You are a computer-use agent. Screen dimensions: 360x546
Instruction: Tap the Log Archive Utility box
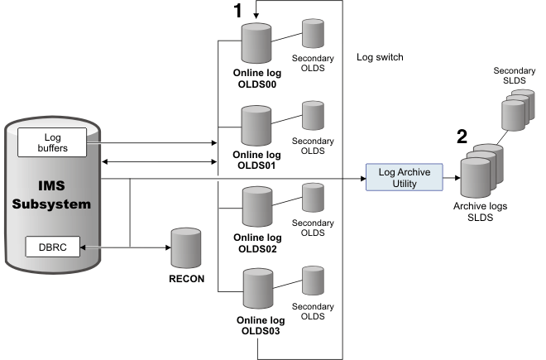(x=404, y=177)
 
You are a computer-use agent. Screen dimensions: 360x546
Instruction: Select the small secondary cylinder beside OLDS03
(x=313, y=279)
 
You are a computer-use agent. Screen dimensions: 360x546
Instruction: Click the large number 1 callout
(x=237, y=12)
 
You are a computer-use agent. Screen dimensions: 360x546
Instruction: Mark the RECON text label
(x=184, y=279)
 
